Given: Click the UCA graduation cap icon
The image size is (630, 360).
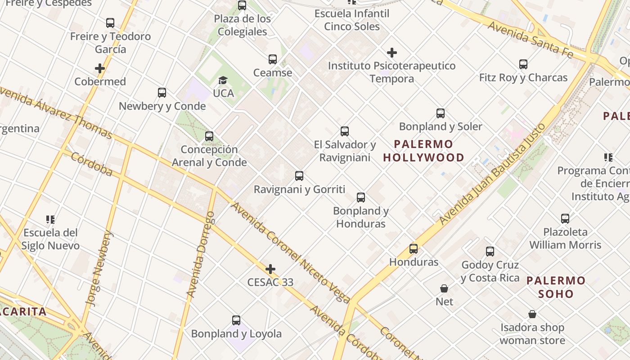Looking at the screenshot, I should [223, 81].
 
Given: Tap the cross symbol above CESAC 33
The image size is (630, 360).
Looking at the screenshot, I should [270, 270].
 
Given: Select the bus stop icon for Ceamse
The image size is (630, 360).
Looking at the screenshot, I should [272, 59].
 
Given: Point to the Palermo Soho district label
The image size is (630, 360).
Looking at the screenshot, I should [556, 287].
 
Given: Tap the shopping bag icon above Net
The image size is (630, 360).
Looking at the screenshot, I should [444, 288].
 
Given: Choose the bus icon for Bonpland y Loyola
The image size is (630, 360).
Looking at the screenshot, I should [236, 320].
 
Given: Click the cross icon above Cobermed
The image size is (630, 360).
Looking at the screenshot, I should [100, 68].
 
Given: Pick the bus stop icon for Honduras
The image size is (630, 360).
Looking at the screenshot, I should [413, 248].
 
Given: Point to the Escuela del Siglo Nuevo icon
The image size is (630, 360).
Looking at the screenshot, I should [50, 220].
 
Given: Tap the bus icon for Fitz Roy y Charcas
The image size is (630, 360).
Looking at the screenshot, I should [523, 64].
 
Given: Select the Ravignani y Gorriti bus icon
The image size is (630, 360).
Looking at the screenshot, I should [299, 176].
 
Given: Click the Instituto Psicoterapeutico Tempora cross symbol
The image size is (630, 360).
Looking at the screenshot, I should [392, 53].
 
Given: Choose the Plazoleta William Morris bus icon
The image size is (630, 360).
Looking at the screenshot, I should [565, 219].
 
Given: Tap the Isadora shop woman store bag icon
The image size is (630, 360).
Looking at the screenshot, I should [532, 314].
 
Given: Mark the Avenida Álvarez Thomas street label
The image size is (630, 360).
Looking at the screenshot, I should [56, 112].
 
